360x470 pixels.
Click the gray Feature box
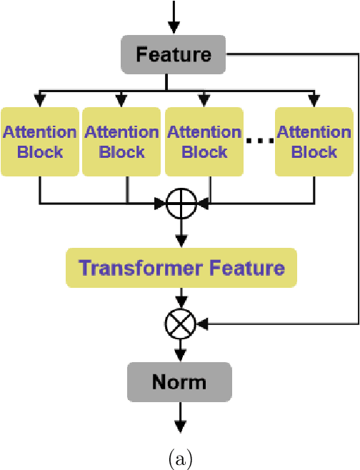[x=174, y=54]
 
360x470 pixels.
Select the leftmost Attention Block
[x=39, y=141]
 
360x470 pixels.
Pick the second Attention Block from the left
[x=121, y=141]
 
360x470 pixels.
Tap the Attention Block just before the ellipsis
[x=204, y=141]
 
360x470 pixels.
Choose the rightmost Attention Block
[x=314, y=141]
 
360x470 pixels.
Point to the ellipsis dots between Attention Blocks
[x=259, y=141]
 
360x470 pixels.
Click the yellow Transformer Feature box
[x=181, y=269]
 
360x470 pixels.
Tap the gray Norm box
[x=179, y=381]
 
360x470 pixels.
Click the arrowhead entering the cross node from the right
[x=201, y=325]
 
